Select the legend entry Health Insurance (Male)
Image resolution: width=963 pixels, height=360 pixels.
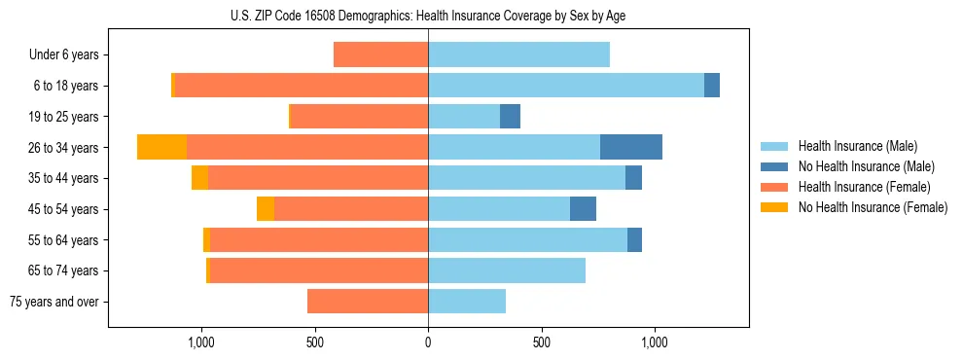point(857,147)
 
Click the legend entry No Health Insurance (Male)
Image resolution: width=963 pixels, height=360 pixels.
point(866,167)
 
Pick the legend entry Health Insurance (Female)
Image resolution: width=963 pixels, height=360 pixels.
point(864,187)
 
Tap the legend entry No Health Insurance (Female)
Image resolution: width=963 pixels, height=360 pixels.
point(873,207)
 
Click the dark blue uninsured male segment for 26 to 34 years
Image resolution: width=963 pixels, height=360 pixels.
point(631,147)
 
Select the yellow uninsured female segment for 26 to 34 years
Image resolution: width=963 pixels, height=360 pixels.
point(161,147)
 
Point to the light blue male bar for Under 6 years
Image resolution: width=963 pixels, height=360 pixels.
point(518,54)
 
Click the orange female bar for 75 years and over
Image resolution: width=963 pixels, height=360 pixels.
point(368,302)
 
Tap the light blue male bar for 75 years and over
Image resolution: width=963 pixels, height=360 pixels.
point(467,302)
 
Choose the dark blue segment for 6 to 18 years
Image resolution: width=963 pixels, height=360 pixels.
point(712,86)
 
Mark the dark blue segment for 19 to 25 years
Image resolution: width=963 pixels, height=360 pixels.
point(510,117)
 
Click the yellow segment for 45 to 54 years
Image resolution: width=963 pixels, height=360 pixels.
point(266,209)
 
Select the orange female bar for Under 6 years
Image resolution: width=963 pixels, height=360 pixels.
point(380,54)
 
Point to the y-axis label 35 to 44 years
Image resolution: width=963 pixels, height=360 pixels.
point(63,178)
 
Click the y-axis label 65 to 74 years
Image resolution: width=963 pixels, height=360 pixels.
point(63,270)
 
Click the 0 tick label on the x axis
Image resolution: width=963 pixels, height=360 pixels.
point(428,342)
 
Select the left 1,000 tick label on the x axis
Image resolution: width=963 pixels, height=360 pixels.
point(201,342)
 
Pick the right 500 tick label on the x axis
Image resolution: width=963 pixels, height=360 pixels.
point(542,342)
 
